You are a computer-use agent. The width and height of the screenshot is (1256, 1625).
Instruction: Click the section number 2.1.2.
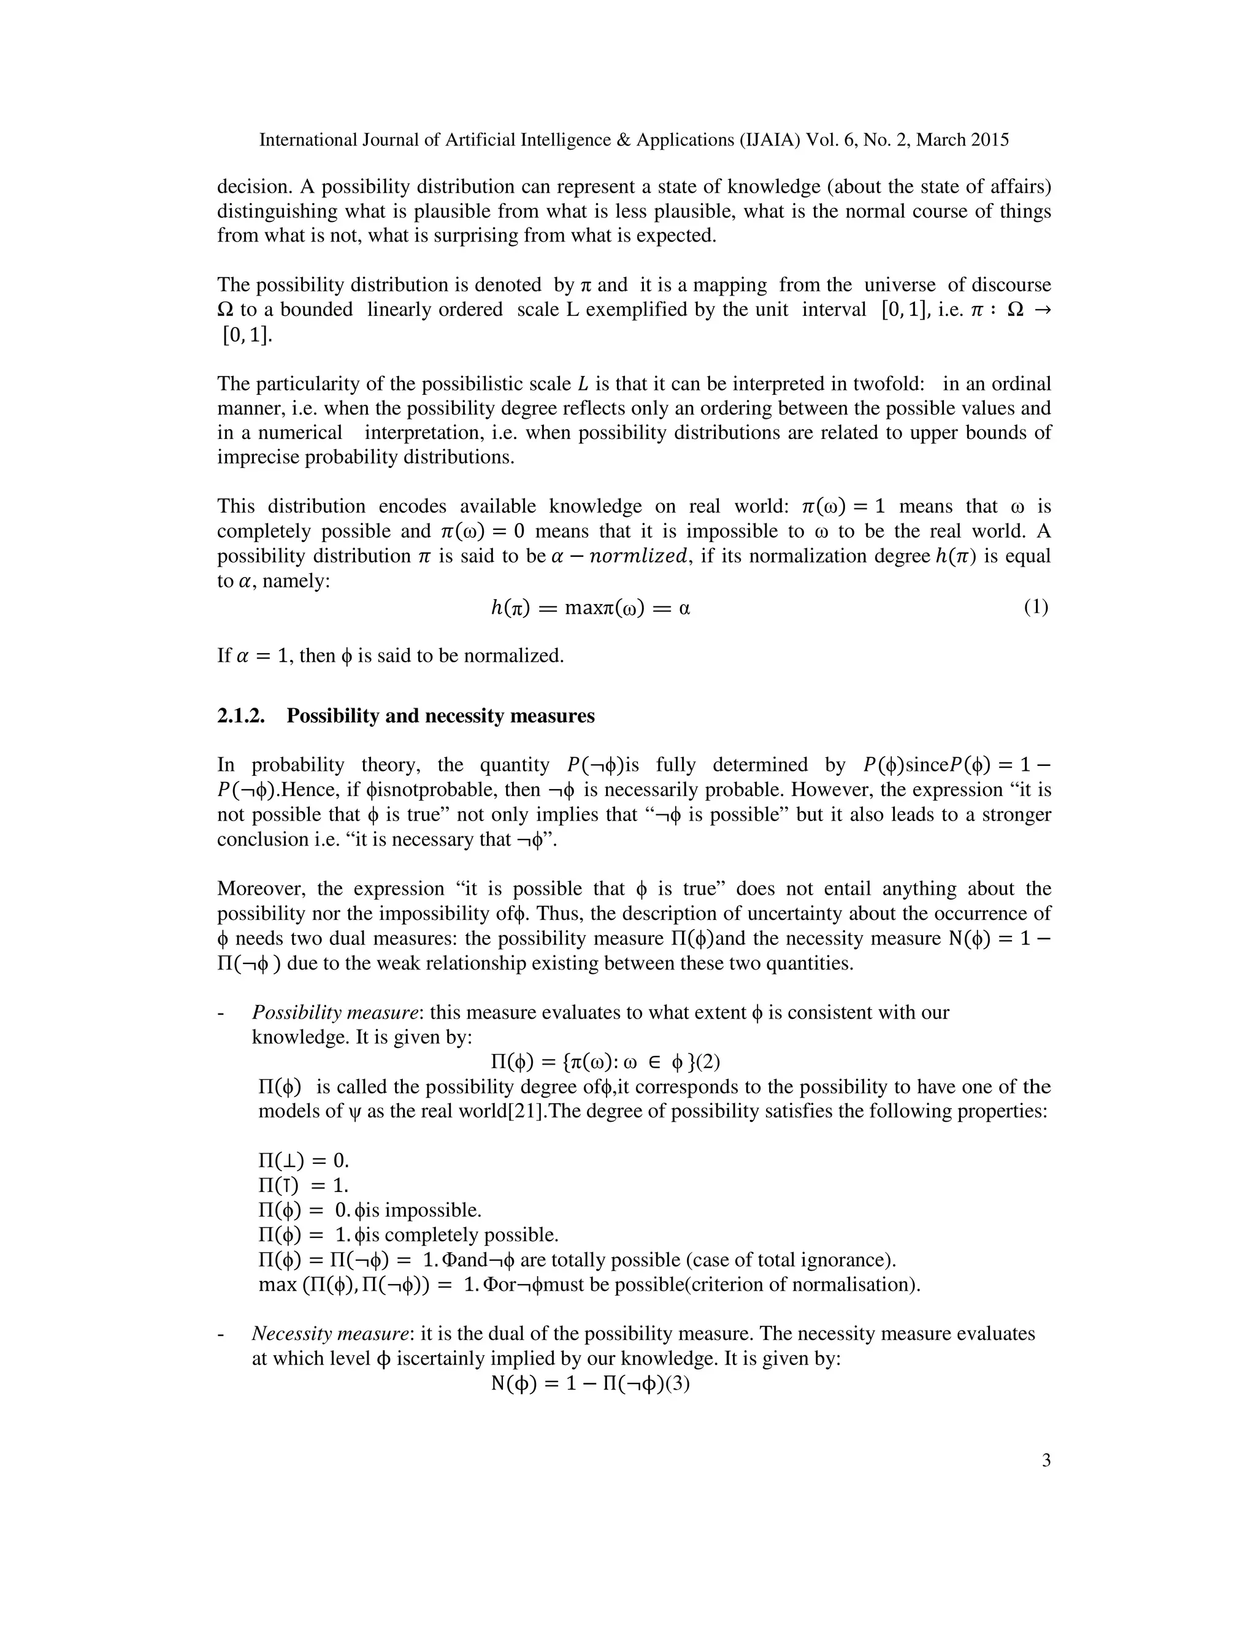point(240,716)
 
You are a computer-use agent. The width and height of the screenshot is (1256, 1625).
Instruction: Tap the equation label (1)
point(1035,607)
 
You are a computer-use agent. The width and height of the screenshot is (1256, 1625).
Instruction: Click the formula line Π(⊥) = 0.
point(304,1161)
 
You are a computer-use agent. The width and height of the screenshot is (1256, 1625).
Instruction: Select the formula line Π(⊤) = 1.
point(304,1185)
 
